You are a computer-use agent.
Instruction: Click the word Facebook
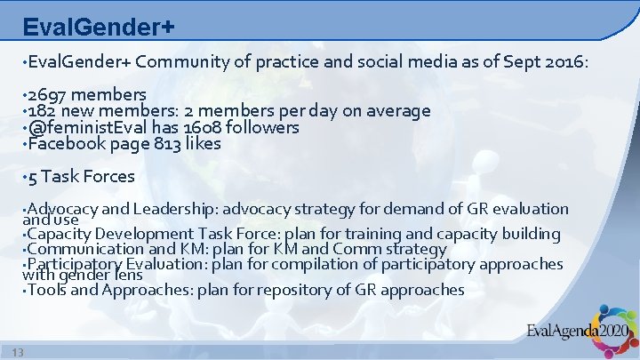coord(64,143)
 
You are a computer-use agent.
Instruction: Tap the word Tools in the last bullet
coord(48,290)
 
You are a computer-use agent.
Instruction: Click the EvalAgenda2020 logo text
coord(576,334)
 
